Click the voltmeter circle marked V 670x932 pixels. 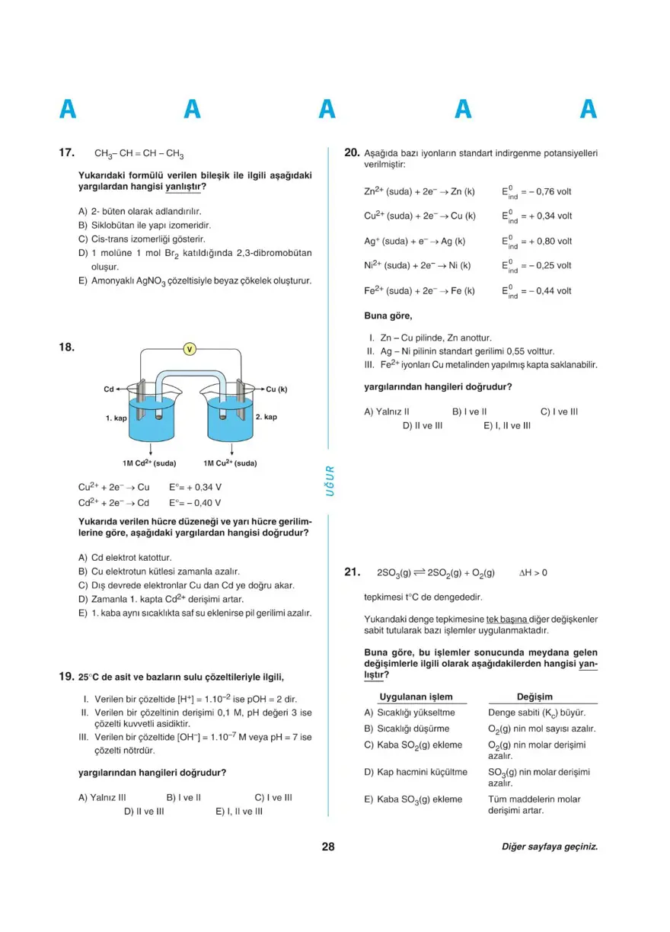[x=190, y=349]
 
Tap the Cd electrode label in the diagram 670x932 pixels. [x=108, y=389]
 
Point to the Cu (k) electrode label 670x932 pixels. [x=276, y=389]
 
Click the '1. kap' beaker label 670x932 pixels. [x=116, y=418]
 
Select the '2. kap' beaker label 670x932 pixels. [x=266, y=417]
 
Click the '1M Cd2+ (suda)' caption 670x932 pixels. [x=149, y=463]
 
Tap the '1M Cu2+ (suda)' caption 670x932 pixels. [x=230, y=463]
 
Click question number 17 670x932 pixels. [x=66, y=152]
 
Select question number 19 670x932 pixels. [x=66, y=677]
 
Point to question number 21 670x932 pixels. [x=352, y=572]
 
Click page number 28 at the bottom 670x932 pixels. [x=328, y=847]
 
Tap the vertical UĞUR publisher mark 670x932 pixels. [x=330, y=481]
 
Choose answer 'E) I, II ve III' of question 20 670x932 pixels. [x=507, y=426]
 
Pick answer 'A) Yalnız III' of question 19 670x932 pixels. [x=102, y=798]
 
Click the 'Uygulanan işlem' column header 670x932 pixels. [x=416, y=697]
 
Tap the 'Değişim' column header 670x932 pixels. [x=534, y=697]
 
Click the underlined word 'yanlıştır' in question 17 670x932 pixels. [x=183, y=187]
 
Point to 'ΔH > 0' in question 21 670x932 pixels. [x=533, y=573]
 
